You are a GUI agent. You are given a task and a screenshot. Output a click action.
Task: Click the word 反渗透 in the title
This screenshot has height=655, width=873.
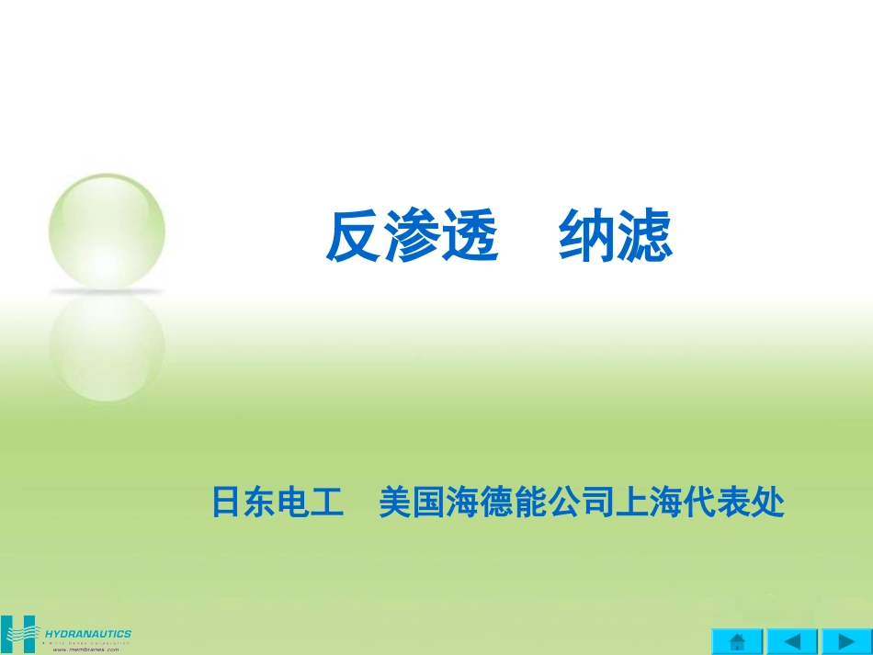(x=412, y=237)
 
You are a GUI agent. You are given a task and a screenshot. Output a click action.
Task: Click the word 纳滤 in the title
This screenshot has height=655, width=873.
(x=616, y=237)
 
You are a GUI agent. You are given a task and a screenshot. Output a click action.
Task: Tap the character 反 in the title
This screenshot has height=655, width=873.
(x=354, y=237)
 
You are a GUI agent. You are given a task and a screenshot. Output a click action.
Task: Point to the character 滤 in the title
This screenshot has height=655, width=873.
(x=645, y=237)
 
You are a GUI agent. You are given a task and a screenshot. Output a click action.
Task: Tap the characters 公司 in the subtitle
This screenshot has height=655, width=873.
(x=579, y=503)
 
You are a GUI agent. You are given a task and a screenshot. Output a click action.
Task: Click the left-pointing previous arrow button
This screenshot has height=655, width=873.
(x=791, y=640)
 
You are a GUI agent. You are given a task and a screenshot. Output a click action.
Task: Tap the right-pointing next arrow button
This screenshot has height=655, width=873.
(x=846, y=640)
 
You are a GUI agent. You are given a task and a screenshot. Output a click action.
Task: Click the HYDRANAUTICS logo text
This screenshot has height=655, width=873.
(x=88, y=633)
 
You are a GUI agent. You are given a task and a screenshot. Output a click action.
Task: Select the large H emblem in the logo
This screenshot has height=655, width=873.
(x=19, y=632)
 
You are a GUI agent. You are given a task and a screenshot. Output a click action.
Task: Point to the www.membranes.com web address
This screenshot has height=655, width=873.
(x=86, y=649)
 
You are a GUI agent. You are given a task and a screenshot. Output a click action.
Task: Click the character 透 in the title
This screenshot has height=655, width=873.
(x=470, y=237)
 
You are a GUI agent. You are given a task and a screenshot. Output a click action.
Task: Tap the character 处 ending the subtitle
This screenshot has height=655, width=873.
(x=769, y=503)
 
